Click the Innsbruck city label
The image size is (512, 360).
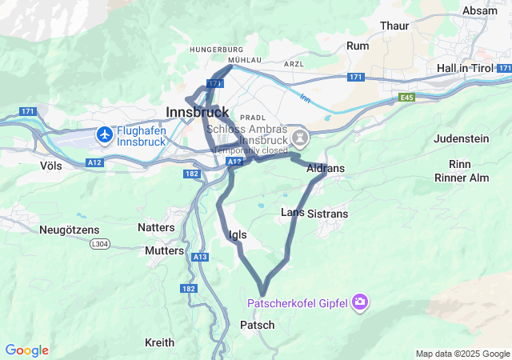click(x=197, y=112)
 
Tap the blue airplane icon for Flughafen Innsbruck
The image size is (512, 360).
click(x=104, y=135)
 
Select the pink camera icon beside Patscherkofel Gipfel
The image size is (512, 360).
click(x=360, y=302)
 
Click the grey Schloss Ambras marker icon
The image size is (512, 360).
click(x=300, y=138)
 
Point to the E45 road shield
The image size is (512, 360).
click(x=408, y=98)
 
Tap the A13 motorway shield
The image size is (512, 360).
click(x=200, y=256)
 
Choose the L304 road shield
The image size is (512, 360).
click(x=100, y=243)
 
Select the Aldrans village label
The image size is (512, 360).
click(x=326, y=169)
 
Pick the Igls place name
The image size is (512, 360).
click(x=238, y=234)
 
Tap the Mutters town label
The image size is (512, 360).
click(x=165, y=250)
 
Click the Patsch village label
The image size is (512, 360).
click(x=258, y=325)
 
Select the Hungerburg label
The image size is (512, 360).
click(x=216, y=50)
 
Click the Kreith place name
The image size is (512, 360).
click(x=159, y=342)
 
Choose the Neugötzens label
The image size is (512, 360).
click(x=69, y=230)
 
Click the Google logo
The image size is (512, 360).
click(x=26, y=350)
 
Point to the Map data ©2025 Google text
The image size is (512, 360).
click(x=462, y=354)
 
